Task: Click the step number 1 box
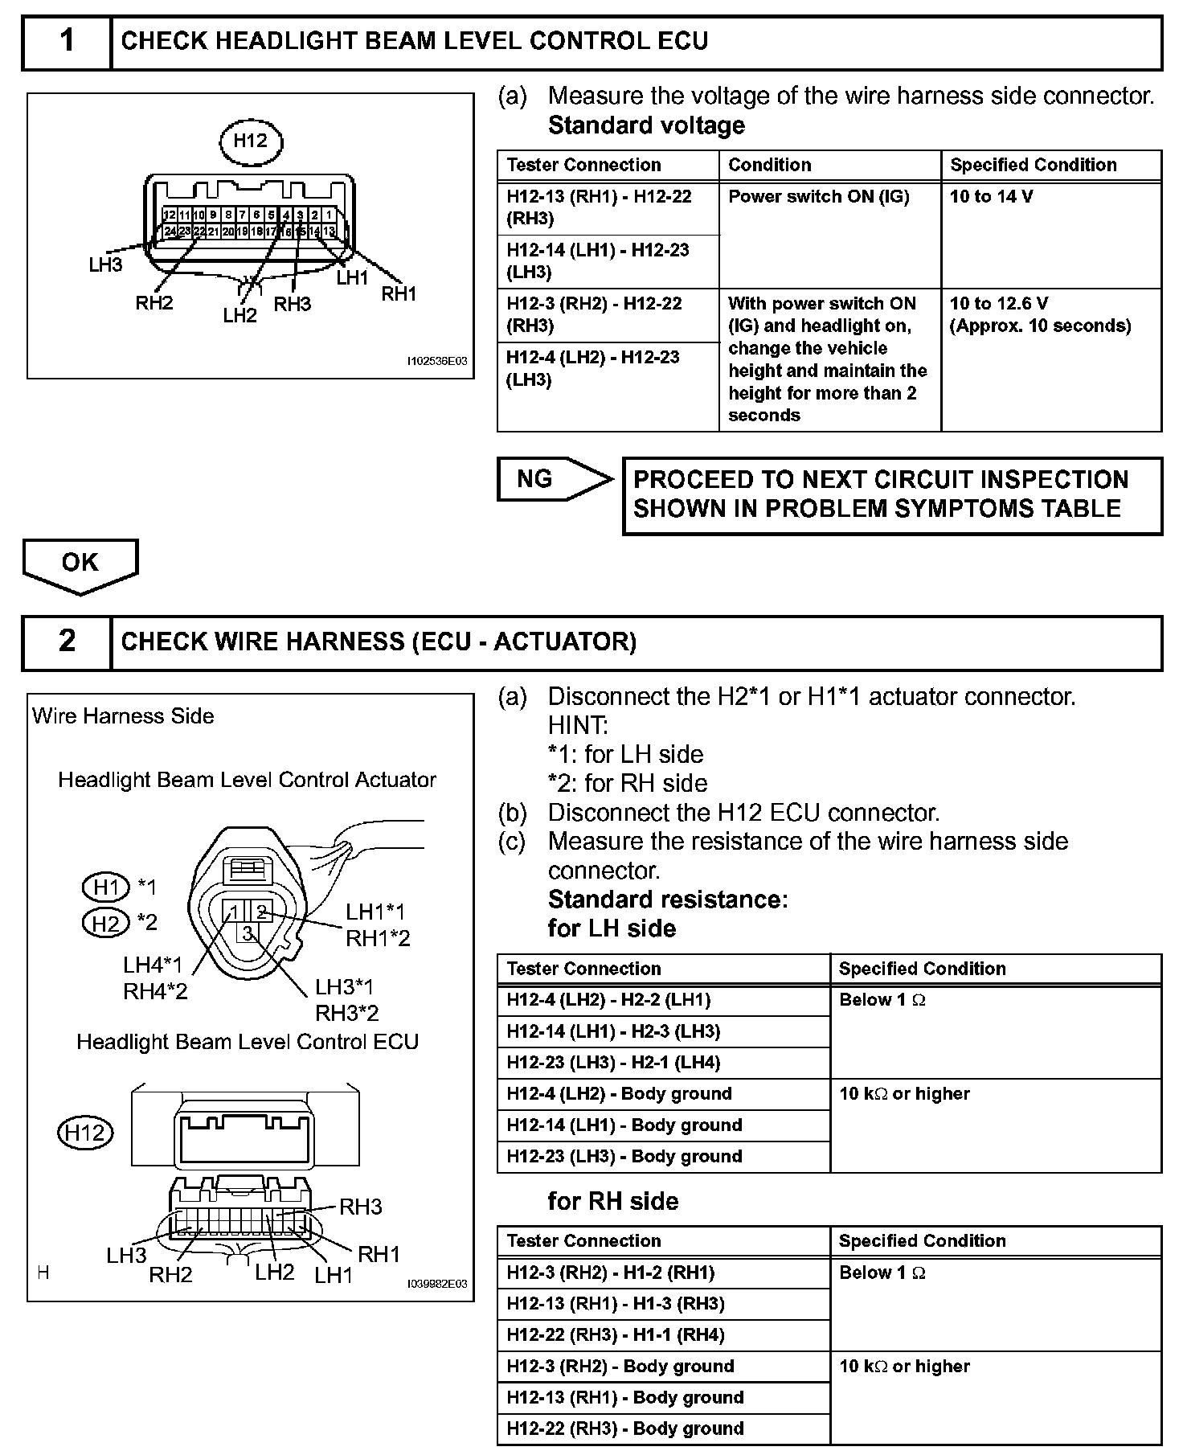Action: click(67, 41)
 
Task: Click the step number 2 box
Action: click(67, 641)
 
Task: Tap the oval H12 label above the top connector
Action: click(251, 141)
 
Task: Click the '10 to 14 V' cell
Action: click(1050, 235)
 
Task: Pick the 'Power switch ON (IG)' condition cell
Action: click(829, 235)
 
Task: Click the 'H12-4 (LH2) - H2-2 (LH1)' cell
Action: click(663, 1001)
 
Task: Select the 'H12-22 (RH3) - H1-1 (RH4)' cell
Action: click(663, 1335)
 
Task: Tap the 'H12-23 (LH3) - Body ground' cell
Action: click(663, 1157)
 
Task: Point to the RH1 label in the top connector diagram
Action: click(399, 294)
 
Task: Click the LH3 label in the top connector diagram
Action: click(105, 265)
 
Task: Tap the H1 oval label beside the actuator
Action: click(106, 887)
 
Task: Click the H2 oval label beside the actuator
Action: click(106, 923)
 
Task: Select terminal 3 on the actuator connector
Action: click(248, 932)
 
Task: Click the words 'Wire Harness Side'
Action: click(123, 716)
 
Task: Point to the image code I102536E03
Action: click(436, 362)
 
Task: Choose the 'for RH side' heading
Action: click(612, 1201)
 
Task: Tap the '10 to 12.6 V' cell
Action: click(1050, 359)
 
